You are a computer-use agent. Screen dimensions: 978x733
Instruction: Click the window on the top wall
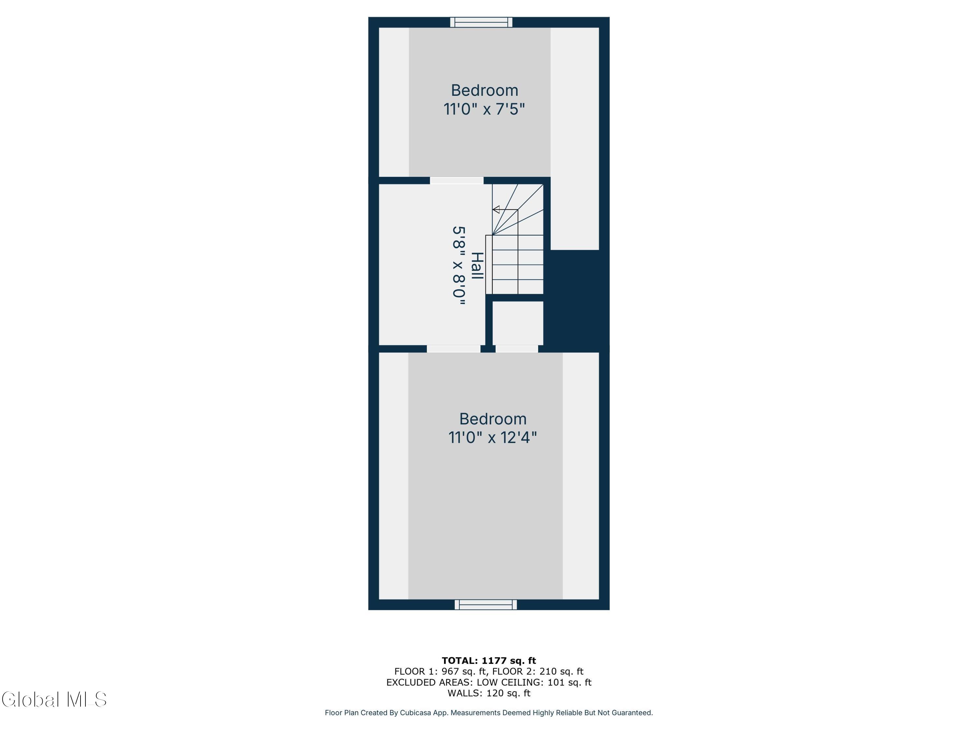(x=481, y=22)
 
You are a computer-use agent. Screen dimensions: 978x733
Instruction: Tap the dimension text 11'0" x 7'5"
(x=484, y=109)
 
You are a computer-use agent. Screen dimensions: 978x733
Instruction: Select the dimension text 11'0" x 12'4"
(x=493, y=438)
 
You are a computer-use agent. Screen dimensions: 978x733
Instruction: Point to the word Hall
(x=477, y=266)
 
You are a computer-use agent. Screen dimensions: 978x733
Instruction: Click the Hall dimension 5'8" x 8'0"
(x=459, y=266)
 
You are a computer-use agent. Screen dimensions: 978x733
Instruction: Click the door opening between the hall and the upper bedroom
(x=457, y=180)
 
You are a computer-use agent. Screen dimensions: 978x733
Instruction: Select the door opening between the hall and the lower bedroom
(x=454, y=349)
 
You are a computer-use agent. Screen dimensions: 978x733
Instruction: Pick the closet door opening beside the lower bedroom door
(x=517, y=349)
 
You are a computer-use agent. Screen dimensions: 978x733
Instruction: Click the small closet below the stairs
(x=518, y=323)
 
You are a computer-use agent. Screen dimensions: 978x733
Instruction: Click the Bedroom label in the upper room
(x=484, y=90)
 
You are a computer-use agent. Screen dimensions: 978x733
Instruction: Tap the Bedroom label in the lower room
(x=493, y=419)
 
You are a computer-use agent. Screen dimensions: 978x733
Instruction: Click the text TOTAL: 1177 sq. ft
(x=489, y=661)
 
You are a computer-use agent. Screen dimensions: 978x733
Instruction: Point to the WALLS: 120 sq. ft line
(x=489, y=693)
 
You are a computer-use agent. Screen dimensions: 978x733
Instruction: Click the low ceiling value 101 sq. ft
(x=569, y=682)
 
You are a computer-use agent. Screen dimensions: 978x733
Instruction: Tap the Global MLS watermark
(x=54, y=699)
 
